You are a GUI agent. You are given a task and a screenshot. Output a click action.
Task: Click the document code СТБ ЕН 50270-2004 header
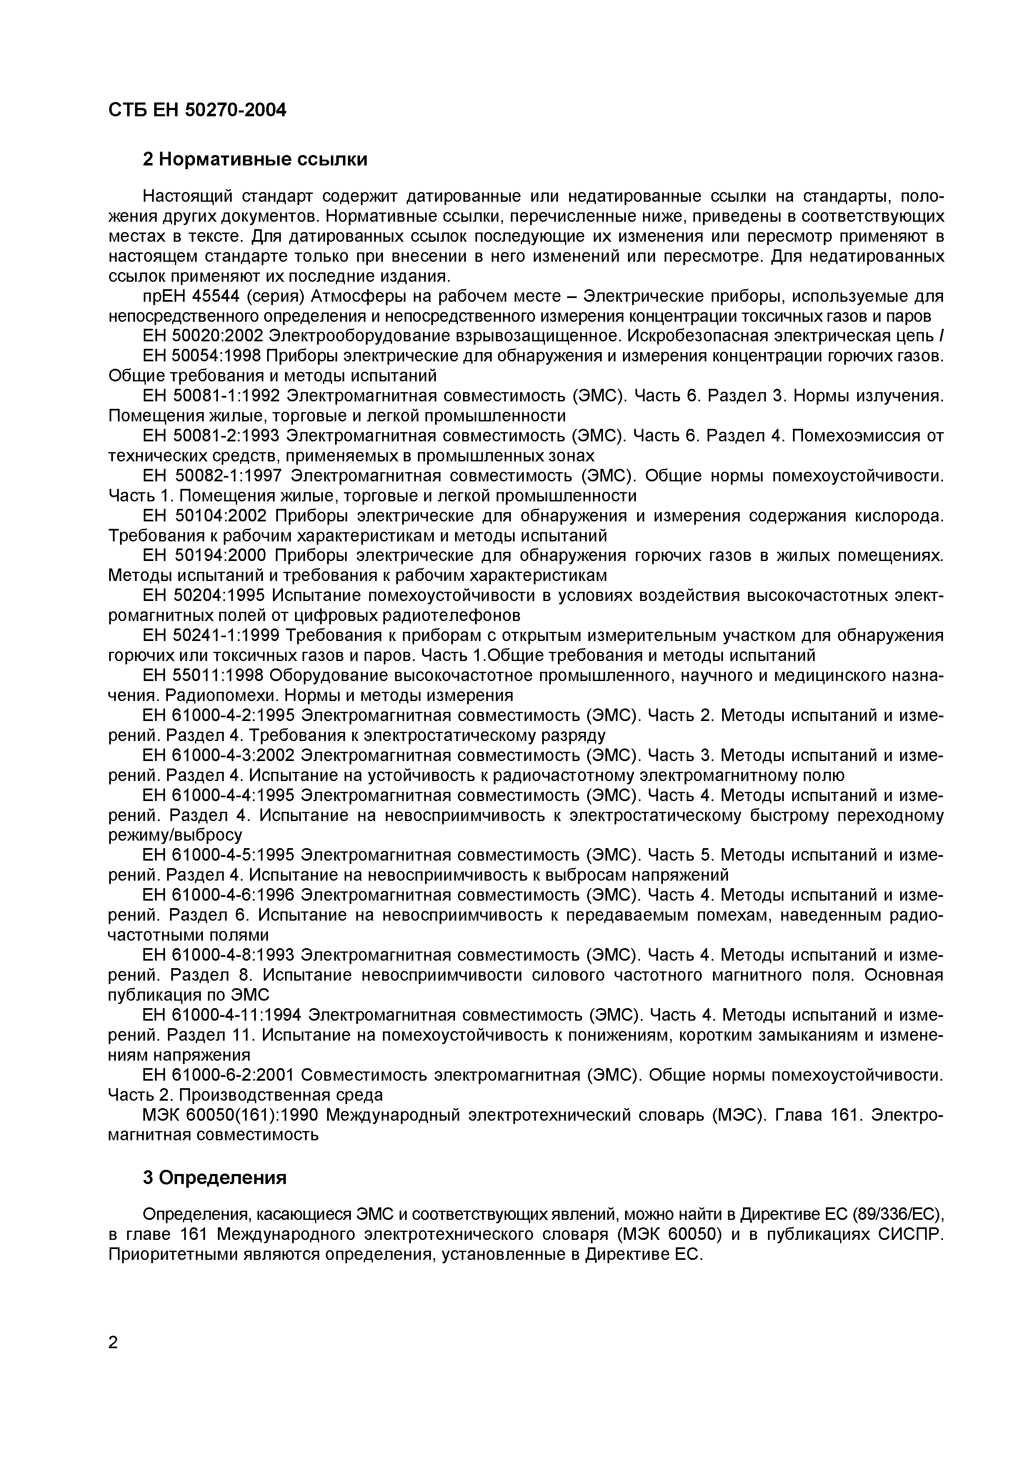coord(197,110)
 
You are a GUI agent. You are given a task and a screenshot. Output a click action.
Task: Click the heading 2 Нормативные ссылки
coord(255,159)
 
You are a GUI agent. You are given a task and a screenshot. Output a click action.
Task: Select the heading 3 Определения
coord(215,1178)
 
